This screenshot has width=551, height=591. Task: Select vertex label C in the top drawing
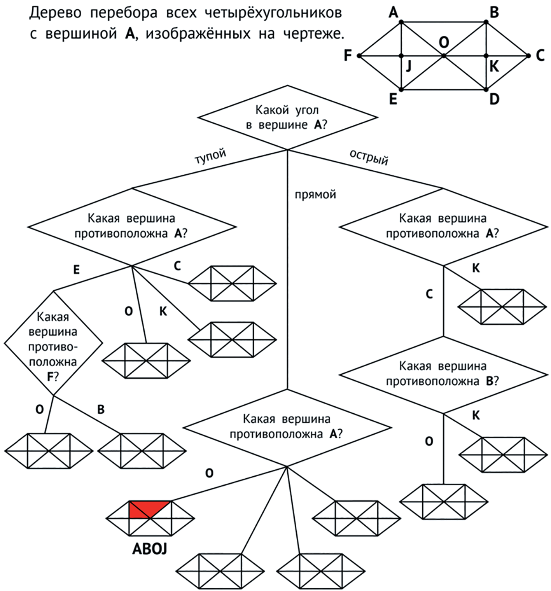click(x=540, y=56)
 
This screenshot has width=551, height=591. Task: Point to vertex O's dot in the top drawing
click(x=444, y=56)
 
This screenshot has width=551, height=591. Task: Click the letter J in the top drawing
click(x=408, y=67)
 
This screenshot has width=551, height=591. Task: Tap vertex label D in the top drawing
click(x=494, y=100)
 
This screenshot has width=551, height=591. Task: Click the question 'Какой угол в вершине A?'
click(x=287, y=117)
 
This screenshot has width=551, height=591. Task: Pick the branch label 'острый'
click(x=369, y=157)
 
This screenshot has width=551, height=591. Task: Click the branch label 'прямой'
click(x=315, y=194)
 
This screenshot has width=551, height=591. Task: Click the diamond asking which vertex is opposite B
click(x=443, y=374)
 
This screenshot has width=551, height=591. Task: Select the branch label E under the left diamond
click(x=76, y=269)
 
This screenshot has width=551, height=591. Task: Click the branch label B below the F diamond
click(x=101, y=409)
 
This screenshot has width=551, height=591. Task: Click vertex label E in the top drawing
click(x=393, y=100)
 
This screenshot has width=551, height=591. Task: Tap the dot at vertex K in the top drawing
click(x=486, y=56)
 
